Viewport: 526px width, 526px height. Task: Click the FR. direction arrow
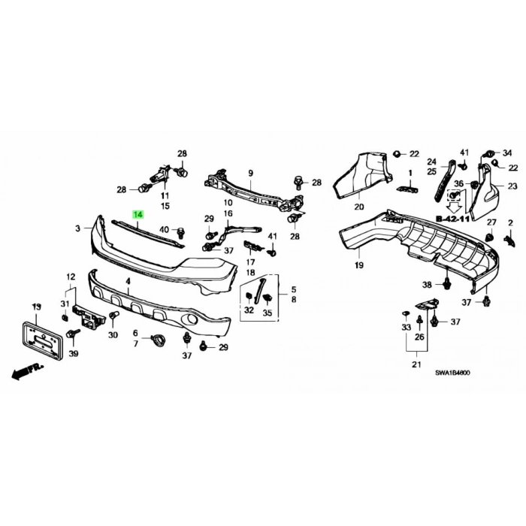tap(26, 370)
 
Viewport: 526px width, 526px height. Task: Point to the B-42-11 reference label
tap(453, 218)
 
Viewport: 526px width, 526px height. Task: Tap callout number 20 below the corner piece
tap(358, 207)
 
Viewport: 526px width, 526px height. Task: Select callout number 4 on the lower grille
tap(128, 281)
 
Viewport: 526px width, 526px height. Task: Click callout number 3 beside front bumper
tap(77, 228)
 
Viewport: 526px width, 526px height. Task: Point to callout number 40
tap(165, 229)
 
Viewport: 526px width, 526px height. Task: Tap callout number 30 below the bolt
tap(113, 335)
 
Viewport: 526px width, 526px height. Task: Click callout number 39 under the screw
tap(73, 353)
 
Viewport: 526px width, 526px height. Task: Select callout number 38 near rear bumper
tap(427, 285)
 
